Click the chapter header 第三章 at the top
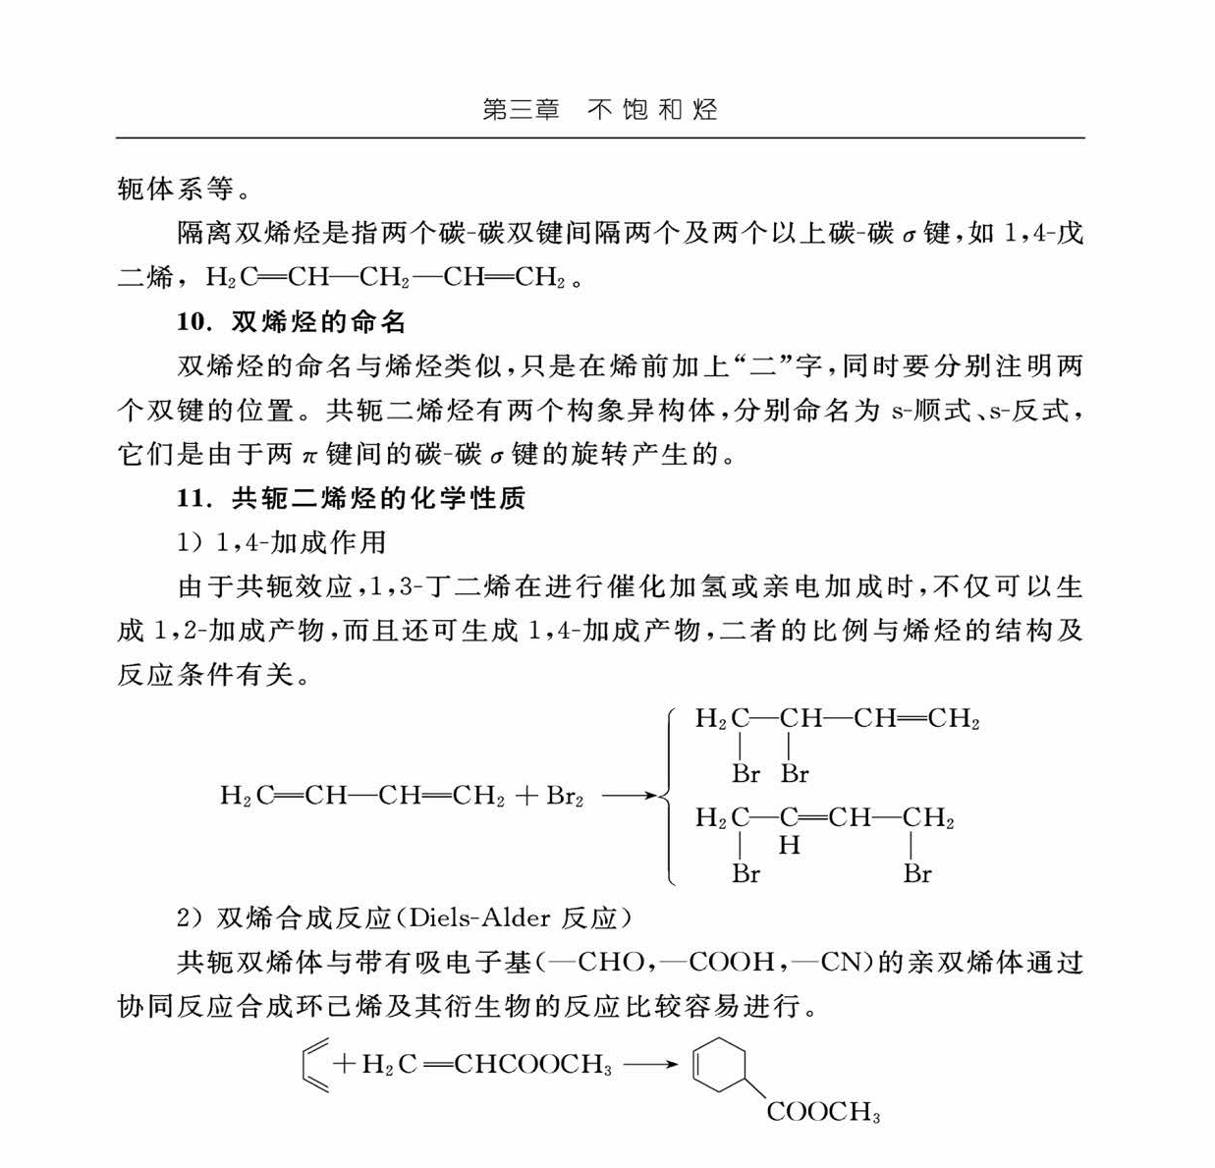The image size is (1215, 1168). click(x=521, y=109)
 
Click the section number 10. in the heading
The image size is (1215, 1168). click(x=194, y=322)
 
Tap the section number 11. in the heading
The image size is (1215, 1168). click(x=194, y=499)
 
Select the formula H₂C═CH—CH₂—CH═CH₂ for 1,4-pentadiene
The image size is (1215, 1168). click(x=385, y=278)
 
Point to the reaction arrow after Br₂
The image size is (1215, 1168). click(x=627, y=796)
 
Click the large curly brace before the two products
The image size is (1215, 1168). click(x=669, y=796)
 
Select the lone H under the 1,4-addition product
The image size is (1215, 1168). click(x=789, y=845)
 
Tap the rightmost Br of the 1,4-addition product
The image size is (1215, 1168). click(x=917, y=873)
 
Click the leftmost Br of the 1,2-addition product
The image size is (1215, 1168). click(x=746, y=774)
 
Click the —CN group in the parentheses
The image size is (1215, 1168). click(x=828, y=962)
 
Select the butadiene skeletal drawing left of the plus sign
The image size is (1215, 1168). click(x=313, y=1065)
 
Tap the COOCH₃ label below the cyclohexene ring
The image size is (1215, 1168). click(x=823, y=1112)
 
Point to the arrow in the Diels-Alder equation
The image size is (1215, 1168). click(x=650, y=1065)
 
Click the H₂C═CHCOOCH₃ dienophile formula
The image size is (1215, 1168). click(x=486, y=1065)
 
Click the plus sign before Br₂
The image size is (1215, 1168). click(x=525, y=796)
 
